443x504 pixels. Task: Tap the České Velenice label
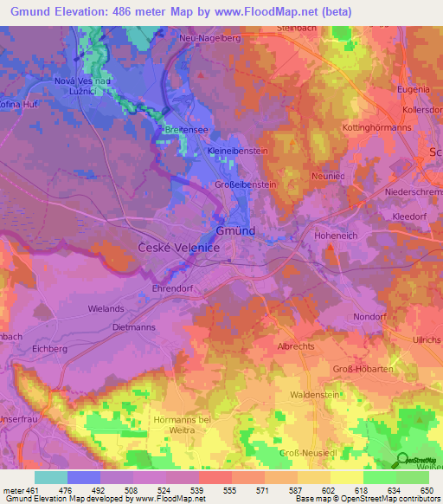pos(180,248)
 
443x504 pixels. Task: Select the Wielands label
pos(106,308)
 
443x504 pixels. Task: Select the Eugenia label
pos(412,89)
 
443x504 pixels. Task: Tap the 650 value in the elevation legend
pos(422,490)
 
